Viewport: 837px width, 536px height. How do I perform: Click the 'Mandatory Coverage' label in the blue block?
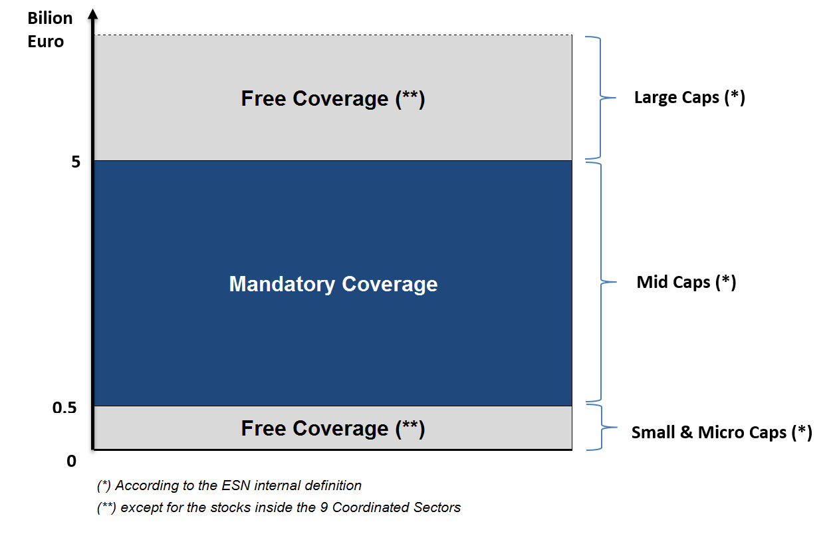tap(333, 284)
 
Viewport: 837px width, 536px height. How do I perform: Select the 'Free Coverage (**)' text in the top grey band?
tap(332, 98)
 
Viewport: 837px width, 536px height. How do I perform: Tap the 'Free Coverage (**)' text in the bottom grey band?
tap(332, 428)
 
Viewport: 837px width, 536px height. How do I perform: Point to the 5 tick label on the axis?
tap(76, 162)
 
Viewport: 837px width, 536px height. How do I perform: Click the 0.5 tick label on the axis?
tap(64, 407)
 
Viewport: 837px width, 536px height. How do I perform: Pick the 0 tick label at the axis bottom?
tap(71, 460)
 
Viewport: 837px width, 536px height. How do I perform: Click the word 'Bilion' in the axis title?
tap(50, 18)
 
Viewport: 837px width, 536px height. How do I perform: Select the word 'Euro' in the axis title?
tap(45, 41)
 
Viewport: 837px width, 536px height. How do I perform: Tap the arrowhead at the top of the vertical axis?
tap(93, 13)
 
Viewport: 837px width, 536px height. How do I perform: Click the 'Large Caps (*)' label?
tap(689, 98)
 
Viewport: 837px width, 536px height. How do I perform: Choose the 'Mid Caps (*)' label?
tap(686, 282)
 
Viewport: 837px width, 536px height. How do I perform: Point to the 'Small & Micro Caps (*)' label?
tap(721, 432)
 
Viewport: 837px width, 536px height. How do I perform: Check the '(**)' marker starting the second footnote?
tap(107, 507)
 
